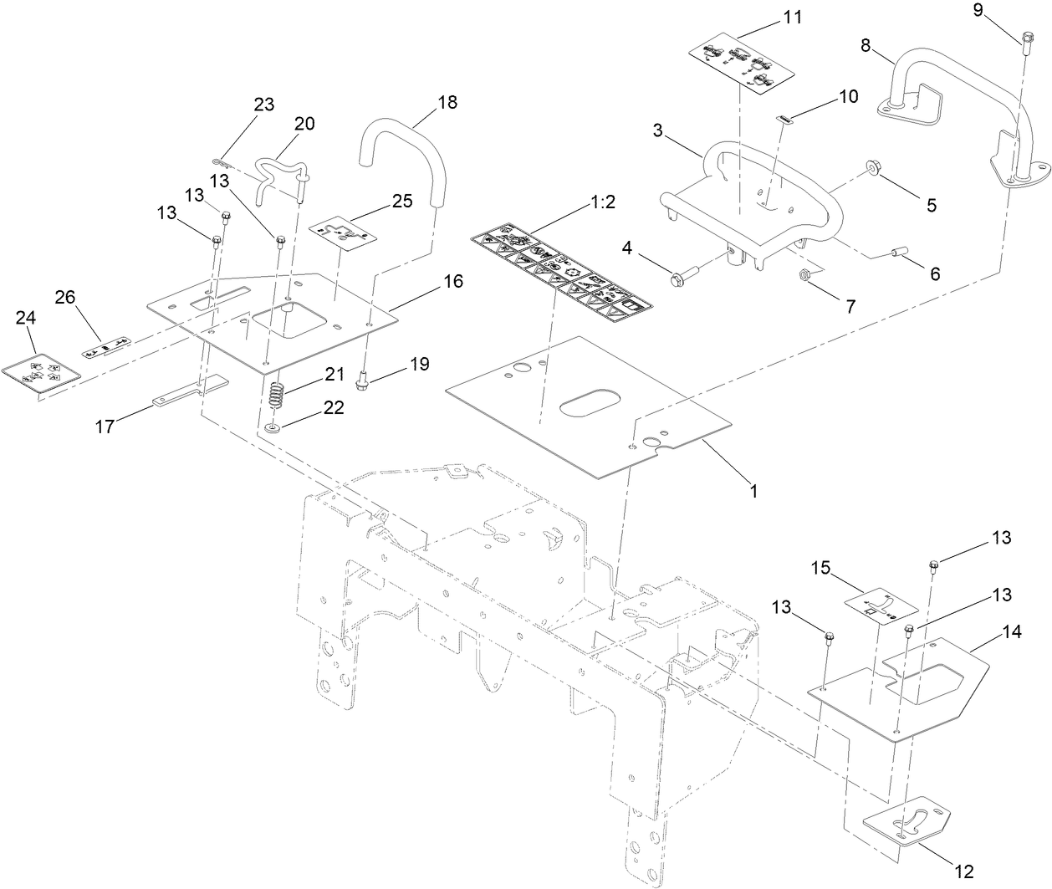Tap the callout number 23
tap(264, 105)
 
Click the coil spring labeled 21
tap(278, 392)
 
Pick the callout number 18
tap(447, 102)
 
